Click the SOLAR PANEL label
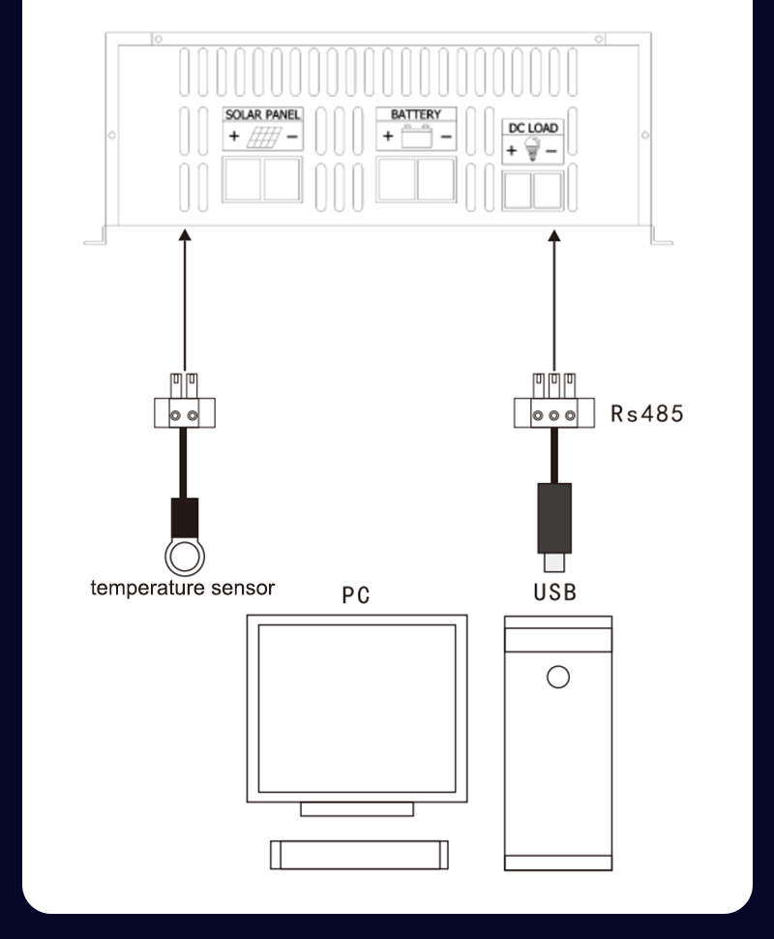point(263,115)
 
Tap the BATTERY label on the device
point(415,114)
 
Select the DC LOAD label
point(534,128)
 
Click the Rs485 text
point(646,413)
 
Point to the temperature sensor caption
point(183,588)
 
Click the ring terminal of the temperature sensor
point(183,557)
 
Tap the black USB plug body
point(554,517)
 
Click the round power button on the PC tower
point(557,676)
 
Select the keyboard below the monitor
point(358,853)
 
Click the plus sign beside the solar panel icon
point(234,137)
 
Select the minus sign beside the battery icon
point(445,136)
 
